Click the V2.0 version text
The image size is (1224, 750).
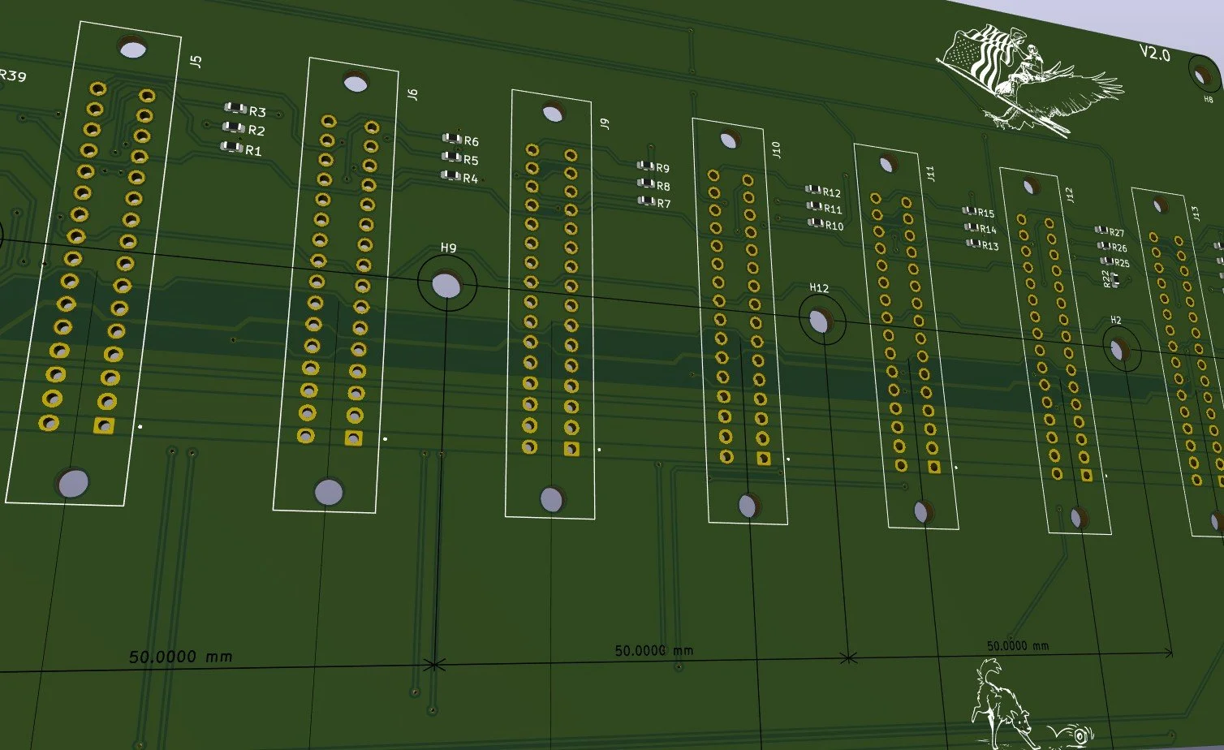tap(1154, 54)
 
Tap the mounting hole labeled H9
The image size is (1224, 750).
tap(446, 284)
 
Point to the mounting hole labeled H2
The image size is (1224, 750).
tap(1119, 351)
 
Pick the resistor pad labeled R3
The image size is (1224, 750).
tap(235, 108)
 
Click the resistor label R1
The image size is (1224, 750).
tap(253, 150)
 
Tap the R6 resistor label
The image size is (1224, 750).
tap(471, 142)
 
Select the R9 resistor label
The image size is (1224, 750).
tap(662, 169)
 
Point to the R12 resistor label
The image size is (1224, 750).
tap(831, 193)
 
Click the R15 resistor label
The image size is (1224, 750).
tap(985, 213)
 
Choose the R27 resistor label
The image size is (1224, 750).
tap(1117, 234)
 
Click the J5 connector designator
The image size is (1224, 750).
tap(195, 60)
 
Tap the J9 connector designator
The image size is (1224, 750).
tap(604, 123)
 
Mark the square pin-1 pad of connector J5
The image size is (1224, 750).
tap(104, 425)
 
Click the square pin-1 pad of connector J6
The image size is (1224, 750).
tap(354, 438)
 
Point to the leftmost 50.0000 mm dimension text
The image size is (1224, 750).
tap(180, 656)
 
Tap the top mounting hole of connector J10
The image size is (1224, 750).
tap(728, 140)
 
